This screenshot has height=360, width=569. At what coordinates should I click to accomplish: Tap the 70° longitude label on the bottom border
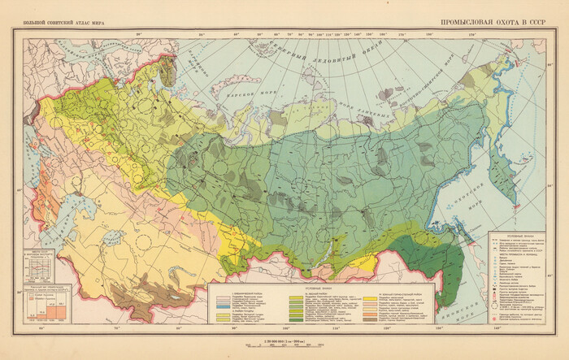pos(116,328)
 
